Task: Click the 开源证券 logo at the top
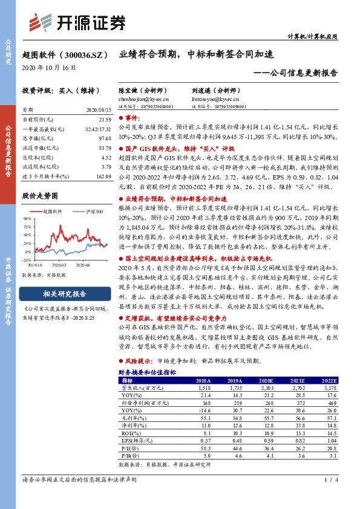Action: [x=79, y=23]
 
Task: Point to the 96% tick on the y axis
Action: [x=27, y=218]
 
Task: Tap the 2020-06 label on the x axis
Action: [x=83, y=264]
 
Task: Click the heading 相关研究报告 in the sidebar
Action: [x=65, y=294]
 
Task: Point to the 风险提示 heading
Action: [x=138, y=360]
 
